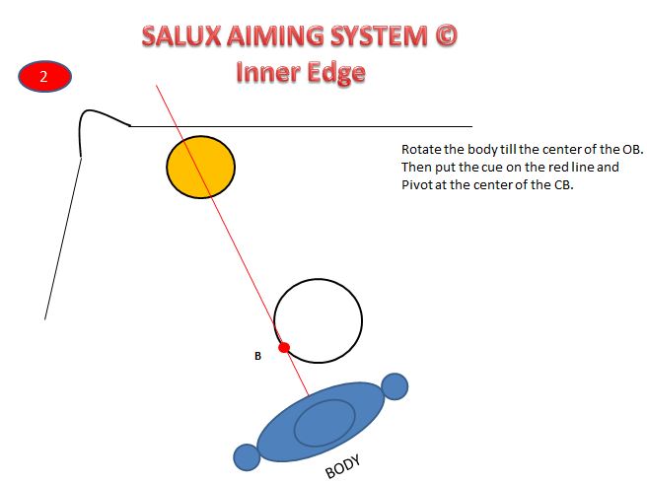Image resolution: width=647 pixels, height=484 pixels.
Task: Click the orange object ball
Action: pyautogui.click(x=200, y=166)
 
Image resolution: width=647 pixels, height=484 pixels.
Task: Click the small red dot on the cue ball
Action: pyautogui.click(x=284, y=347)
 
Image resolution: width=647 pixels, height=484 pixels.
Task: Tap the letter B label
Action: pyautogui.click(x=257, y=356)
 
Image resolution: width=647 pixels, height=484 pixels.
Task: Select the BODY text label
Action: pyautogui.click(x=342, y=465)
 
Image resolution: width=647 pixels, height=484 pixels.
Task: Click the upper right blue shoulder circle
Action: pyautogui.click(x=395, y=385)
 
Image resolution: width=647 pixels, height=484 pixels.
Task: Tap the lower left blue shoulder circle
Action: pyautogui.click(x=246, y=457)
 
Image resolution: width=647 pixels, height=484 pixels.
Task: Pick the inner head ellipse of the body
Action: pyautogui.click(x=324, y=423)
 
